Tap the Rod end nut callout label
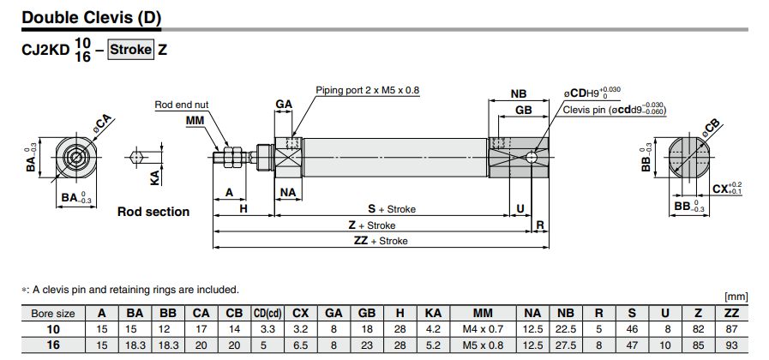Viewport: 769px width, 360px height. (x=181, y=105)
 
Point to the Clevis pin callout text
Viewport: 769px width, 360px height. (x=614, y=110)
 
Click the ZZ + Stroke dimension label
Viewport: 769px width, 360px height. (x=381, y=241)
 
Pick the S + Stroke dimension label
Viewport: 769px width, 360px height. (x=392, y=208)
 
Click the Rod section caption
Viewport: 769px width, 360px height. (x=153, y=212)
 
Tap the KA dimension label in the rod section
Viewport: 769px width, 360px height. (x=154, y=177)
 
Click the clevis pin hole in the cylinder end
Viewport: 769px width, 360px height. (x=533, y=157)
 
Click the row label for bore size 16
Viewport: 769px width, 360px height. (x=53, y=345)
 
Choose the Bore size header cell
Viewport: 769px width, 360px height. (x=53, y=313)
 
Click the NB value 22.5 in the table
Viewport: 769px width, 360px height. (x=565, y=329)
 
